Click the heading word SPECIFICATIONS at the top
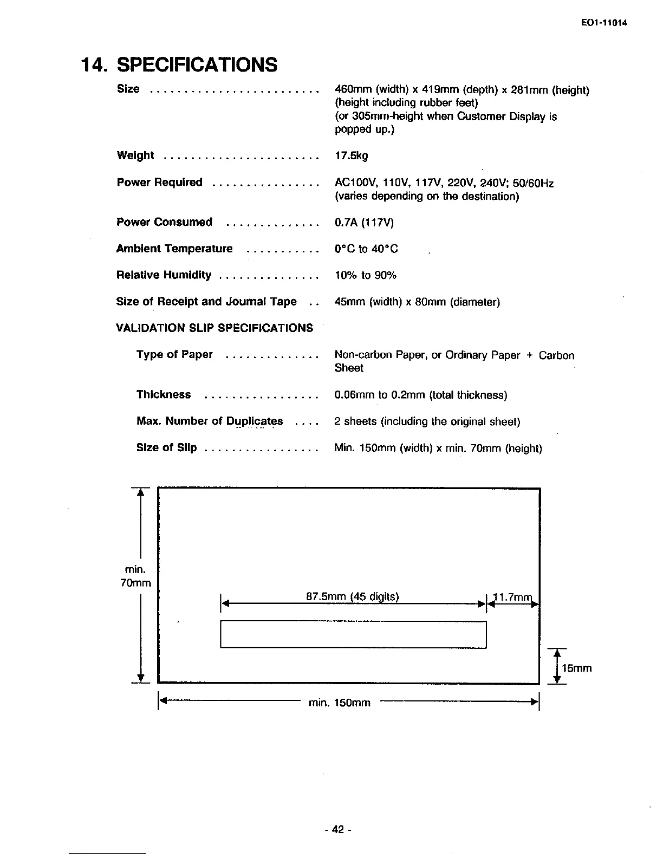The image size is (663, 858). tap(197, 64)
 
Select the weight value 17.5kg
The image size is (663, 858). tap(351, 156)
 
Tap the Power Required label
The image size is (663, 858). tap(159, 183)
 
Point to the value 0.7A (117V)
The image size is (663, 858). tap(364, 223)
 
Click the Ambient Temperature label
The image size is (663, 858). tap(174, 249)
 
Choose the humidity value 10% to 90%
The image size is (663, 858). tap(366, 275)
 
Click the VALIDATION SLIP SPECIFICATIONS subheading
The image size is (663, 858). tap(214, 328)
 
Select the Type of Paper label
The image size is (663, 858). tap(174, 355)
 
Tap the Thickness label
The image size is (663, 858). tap(164, 394)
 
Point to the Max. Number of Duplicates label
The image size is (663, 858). tap(210, 421)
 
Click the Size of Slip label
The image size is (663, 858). tap(166, 448)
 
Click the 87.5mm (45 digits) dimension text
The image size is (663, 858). tap(353, 597)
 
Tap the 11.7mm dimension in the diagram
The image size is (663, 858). tap(512, 597)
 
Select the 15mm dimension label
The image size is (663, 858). tap(576, 668)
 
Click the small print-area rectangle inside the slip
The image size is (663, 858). tap(353, 634)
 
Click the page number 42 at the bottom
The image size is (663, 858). tap(338, 829)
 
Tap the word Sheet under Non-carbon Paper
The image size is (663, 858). tap(349, 368)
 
